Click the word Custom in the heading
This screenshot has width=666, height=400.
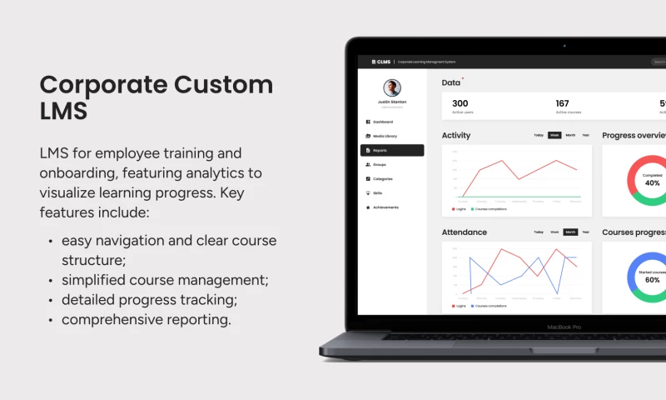[222, 84]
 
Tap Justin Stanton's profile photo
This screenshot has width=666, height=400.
[392, 88]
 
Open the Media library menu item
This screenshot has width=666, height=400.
[385, 136]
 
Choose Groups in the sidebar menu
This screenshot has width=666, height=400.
[379, 165]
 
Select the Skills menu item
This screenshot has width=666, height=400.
[377, 193]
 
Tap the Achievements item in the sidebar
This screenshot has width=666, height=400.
[385, 207]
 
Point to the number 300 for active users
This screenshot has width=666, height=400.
[460, 103]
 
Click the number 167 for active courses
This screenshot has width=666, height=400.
[563, 103]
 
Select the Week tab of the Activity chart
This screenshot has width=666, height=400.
[554, 135]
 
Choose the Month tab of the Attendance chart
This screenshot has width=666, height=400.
[570, 232]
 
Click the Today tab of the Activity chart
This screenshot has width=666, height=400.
[539, 135]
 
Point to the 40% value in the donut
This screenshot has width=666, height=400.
[653, 182]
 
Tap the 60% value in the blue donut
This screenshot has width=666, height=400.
[653, 280]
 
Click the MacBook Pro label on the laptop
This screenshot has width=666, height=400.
[563, 327]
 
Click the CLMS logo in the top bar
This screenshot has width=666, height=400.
[381, 62]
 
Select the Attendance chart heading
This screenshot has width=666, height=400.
[465, 232]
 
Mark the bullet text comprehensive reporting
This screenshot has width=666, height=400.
[146, 319]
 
